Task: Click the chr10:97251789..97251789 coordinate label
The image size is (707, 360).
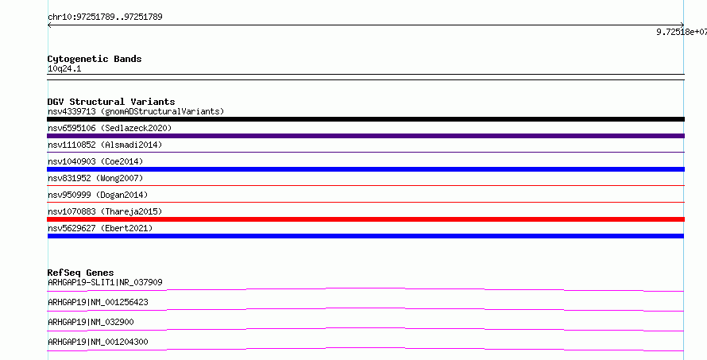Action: pos(105,17)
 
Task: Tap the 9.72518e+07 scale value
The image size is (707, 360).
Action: pos(682,32)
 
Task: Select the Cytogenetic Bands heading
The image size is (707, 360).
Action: pos(95,59)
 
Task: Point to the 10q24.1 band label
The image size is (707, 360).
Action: pos(64,69)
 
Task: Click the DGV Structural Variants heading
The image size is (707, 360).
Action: pos(111,102)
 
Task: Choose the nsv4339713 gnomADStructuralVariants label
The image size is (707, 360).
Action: pos(136,111)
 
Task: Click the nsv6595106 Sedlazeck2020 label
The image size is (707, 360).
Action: pos(110,128)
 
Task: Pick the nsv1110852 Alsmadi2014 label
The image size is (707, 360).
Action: pos(105,145)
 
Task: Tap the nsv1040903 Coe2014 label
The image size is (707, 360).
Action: pos(95,161)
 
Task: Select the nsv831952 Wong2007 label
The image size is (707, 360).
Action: pos(95,178)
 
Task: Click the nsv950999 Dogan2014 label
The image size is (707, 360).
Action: pos(98,195)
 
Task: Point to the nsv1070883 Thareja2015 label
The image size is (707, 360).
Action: pos(105,211)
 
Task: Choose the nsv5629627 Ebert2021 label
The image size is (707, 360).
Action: pos(100,228)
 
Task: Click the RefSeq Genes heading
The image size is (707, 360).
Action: pos(80,273)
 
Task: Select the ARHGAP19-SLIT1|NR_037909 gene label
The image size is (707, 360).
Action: pos(105,282)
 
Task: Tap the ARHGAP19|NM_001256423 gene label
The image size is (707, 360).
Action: pos(98,302)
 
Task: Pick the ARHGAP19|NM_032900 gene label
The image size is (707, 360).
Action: pos(91,322)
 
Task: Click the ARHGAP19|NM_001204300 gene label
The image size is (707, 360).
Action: pos(98,342)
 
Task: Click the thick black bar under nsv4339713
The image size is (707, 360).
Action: pos(365,119)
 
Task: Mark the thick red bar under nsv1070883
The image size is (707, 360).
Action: pos(365,219)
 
